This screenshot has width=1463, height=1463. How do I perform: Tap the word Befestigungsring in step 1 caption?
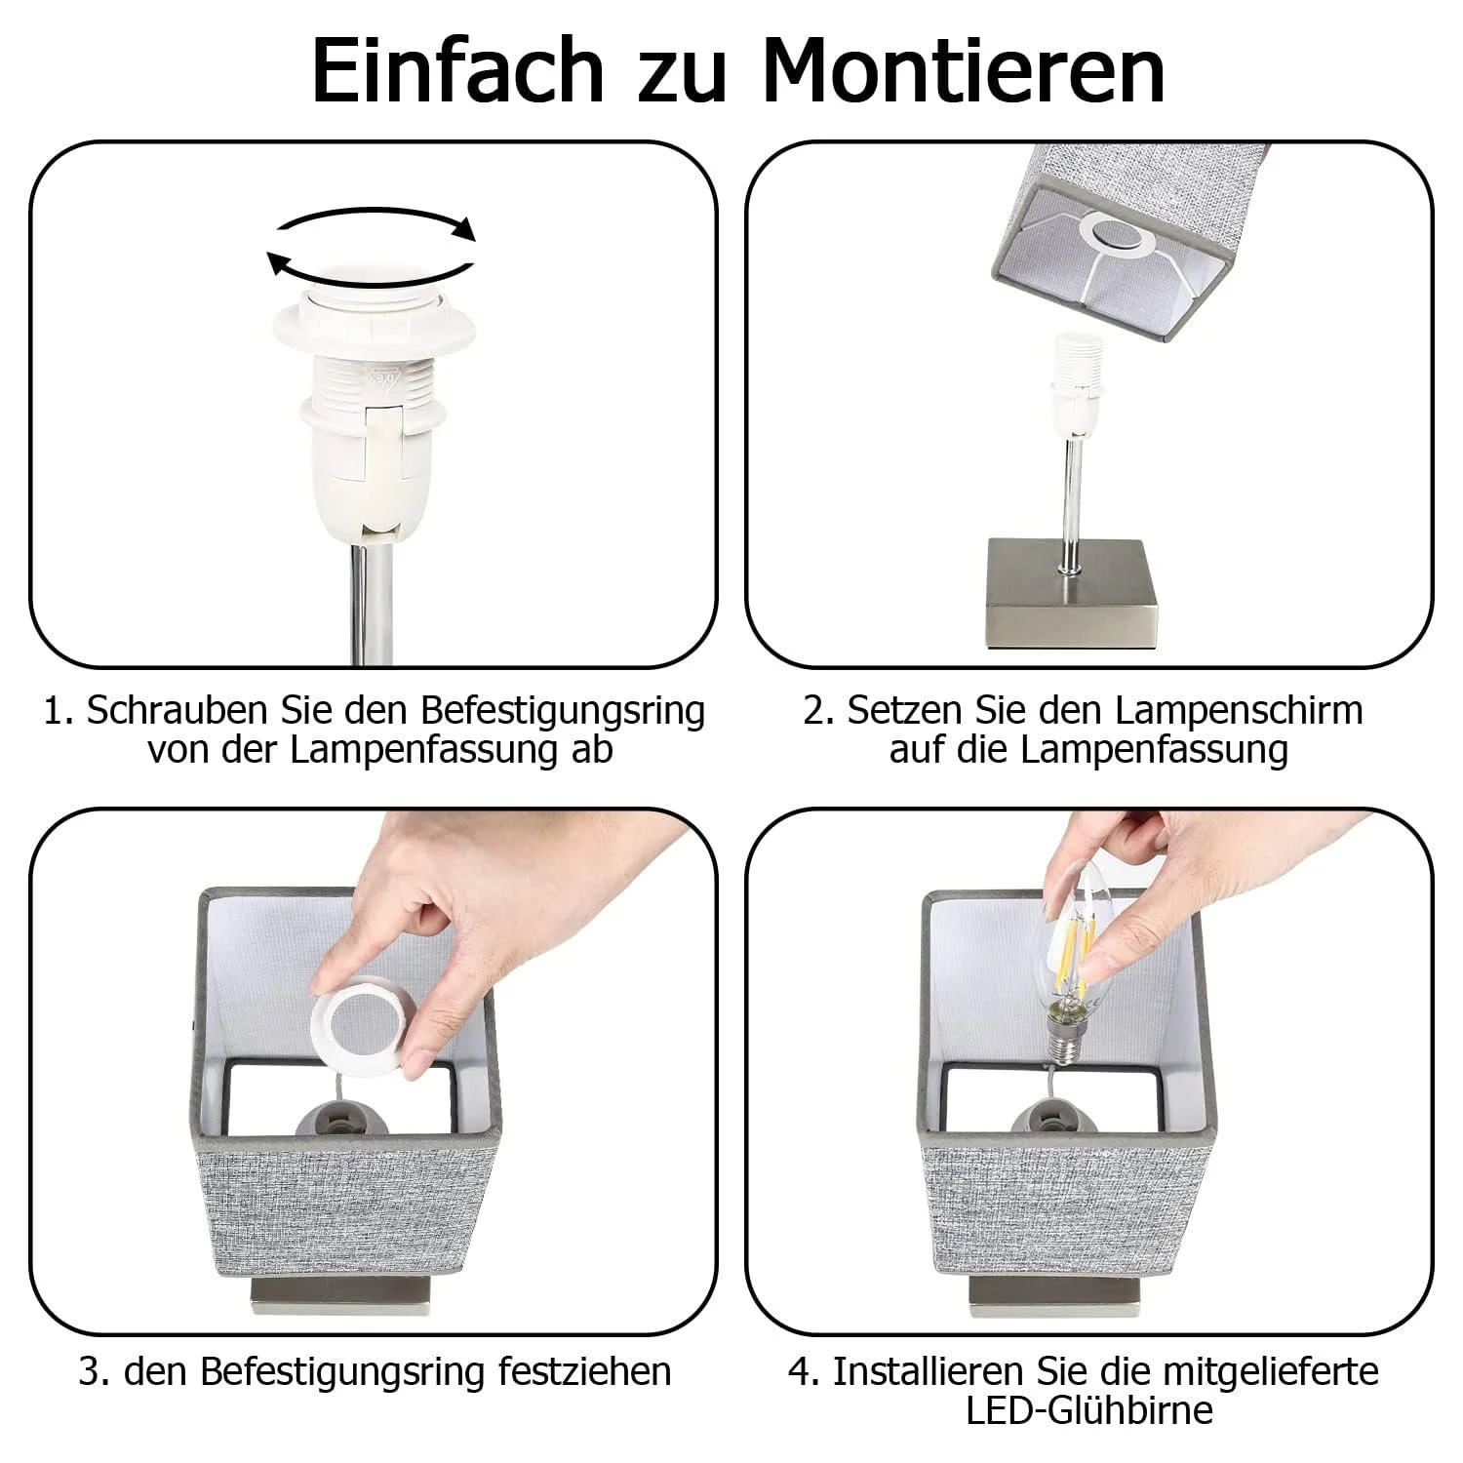coord(562,711)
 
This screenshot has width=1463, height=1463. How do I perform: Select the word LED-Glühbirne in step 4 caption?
coord(1089,1411)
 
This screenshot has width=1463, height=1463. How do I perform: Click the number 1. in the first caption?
coord(59,711)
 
